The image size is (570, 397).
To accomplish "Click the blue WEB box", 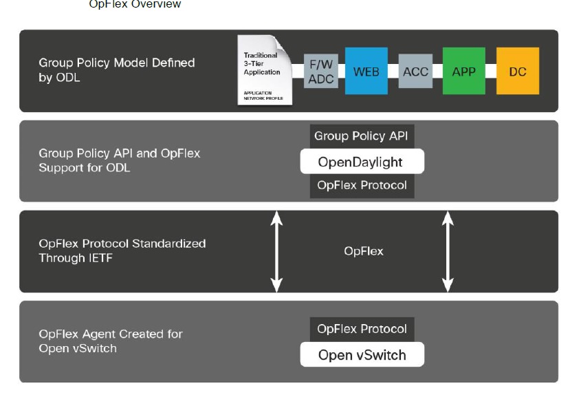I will click(366, 71).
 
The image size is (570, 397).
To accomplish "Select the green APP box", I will click(463, 71).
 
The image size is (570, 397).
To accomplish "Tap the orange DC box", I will click(517, 71).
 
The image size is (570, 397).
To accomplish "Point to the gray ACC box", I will click(415, 72).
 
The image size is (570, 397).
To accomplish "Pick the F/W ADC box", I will click(321, 72).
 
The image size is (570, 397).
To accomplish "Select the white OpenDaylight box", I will click(362, 162).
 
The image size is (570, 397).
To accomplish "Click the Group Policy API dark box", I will click(362, 136).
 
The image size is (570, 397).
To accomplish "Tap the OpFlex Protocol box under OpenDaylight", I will click(362, 186).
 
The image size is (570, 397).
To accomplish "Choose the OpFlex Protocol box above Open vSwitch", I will click(362, 330).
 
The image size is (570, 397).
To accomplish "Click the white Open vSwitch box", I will click(362, 355).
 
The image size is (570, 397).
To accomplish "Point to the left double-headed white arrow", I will click(276, 251).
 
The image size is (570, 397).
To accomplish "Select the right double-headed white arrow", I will click(448, 251).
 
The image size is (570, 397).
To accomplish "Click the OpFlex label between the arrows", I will click(364, 251).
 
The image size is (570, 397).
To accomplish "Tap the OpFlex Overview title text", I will click(135, 4).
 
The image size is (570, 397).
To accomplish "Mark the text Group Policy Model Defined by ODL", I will click(116, 70).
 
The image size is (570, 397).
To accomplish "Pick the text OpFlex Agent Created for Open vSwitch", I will click(110, 341).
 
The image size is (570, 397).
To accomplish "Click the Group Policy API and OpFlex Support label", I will click(119, 160).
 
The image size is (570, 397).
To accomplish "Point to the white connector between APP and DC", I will click(490, 72).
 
